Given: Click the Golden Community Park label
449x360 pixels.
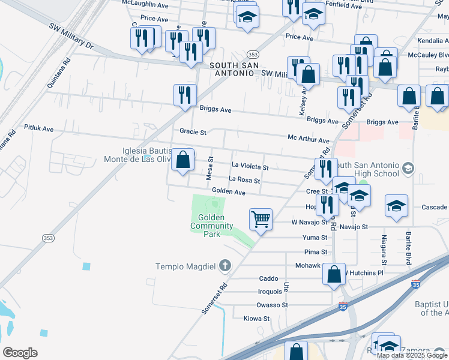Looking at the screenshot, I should coord(211,226).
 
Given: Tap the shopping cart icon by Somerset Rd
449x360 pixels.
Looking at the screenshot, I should coord(261,220).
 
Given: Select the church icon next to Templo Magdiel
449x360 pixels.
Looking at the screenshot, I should coord(225,265).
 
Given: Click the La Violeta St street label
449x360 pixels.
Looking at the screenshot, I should coord(250,166).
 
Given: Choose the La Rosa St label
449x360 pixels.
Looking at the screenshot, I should coord(244,180).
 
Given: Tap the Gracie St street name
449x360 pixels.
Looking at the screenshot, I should coord(193,131).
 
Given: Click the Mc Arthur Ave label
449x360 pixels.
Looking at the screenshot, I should coord(309,138).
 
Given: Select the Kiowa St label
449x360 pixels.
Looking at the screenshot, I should coord(256,319).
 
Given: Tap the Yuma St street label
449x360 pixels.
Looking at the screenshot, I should coord(315,238).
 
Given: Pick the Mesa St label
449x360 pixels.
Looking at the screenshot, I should coord(210,168).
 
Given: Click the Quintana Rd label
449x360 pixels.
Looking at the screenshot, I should coord(59,73).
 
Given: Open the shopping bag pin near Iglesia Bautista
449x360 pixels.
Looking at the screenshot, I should coord(183,160).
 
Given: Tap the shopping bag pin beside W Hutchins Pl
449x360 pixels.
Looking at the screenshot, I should coord(334,274).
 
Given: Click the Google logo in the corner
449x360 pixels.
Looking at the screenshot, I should coord(20,353).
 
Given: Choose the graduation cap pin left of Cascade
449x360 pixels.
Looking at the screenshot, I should coord(396,206).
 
